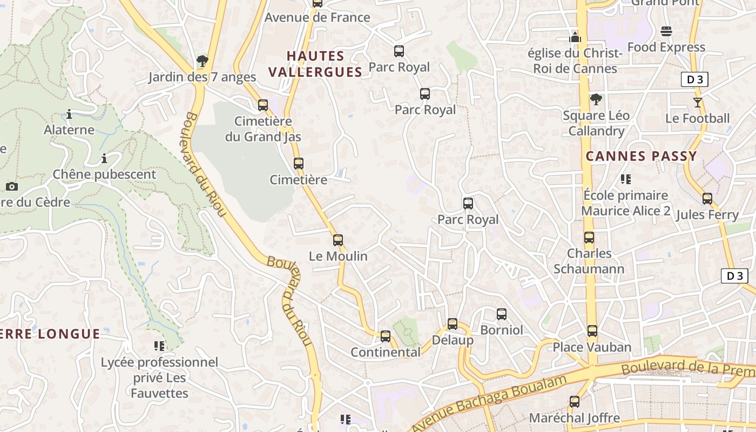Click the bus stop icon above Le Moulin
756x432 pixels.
tap(338, 240)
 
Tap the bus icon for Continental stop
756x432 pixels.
tap(386, 336)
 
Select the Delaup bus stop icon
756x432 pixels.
tap(453, 324)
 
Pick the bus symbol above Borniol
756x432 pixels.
tap(502, 314)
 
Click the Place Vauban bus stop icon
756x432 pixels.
tap(592, 331)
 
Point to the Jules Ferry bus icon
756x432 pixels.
tap(707, 199)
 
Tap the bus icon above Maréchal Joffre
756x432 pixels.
tap(575, 402)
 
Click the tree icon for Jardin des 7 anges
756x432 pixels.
tap(202, 60)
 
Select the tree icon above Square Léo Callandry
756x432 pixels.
tap(596, 99)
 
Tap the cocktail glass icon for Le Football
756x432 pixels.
tap(698, 102)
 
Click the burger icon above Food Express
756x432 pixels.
tap(666, 31)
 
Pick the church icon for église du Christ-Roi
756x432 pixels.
tap(575, 37)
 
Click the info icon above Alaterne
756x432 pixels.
tap(69, 114)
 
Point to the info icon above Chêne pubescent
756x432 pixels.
tap(104, 158)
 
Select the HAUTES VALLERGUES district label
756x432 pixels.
tap(315, 64)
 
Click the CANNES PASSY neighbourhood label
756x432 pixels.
tap(642, 157)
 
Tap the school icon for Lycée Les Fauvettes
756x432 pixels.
tap(159, 346)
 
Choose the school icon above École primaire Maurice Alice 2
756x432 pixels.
tap(626, 179)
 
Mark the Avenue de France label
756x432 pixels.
tap(318, 17)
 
